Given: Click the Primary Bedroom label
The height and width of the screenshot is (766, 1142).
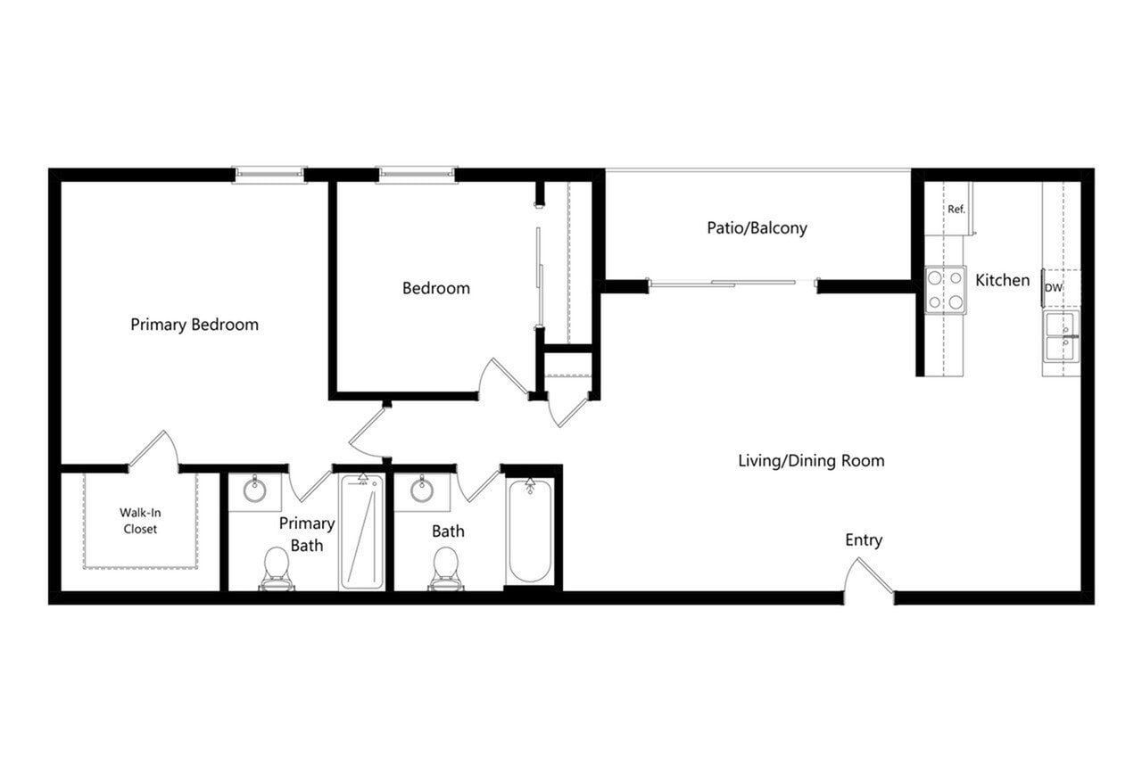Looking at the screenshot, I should pyautogui.click(x=194, y=325).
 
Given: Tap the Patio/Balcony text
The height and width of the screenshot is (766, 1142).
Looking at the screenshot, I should pyautogui.click(x=757, y=227).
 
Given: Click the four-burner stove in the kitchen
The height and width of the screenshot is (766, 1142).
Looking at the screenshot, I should pyautogui.click(x=945, y=290).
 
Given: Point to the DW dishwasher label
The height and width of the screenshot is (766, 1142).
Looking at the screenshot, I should pyautogui.click(x=1054, y=288).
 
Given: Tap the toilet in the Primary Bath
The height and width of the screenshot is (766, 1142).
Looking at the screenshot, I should pyautogui.click(x=277, y=569).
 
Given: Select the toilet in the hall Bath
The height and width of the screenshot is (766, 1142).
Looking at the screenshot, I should pyautogui.click(x=445, y=569).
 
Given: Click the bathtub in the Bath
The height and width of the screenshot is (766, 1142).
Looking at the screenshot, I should pyautogui.click(x=529, y=531).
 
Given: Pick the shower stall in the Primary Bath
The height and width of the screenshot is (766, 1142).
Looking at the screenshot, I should pyautogui.click(x=361, y=532).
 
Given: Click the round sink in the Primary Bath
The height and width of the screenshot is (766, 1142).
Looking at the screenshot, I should pyautogui.click(x=254, y=490).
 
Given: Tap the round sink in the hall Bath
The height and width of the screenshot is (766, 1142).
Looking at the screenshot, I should pyautogui.click(x=422, y=490).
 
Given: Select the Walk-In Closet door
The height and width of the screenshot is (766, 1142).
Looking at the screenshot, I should pyautogui.click(x=153, y=451).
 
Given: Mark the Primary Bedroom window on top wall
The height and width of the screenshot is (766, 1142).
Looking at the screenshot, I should pyautogui.click(x=269, y=174).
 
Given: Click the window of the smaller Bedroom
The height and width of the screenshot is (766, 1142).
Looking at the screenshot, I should pyautogui.click(x=417, y=174).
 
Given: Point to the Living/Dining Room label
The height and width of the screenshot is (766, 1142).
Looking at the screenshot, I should pyautogui.click(x=811, y=461).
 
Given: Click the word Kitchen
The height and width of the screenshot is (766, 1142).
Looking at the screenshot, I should pyautogui.click(x=1002, y=280).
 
